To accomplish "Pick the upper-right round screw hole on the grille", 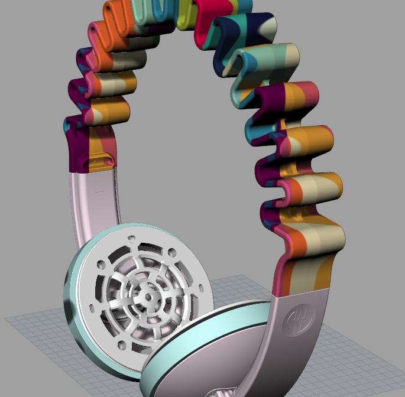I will pyautogui.click(x=172, y=252).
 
